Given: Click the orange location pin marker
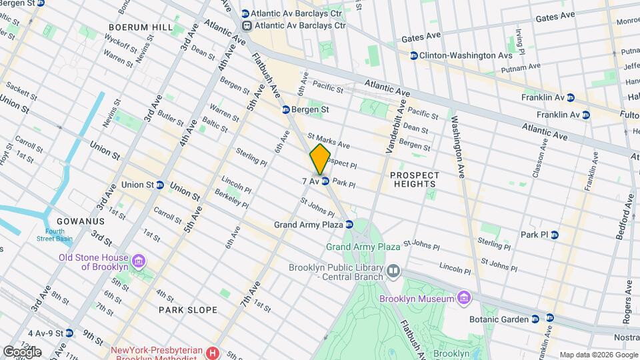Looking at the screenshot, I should click(321, 159).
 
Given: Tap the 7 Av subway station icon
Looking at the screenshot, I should click(325, 181).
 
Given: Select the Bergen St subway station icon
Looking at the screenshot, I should click(285, 109).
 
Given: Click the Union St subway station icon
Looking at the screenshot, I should click(161, 185).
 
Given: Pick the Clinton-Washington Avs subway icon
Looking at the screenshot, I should click(414, 55).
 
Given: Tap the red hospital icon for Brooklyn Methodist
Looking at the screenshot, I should click(213, 352).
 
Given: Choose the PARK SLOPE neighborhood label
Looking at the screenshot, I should click(188, 310).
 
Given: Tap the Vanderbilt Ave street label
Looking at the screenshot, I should click(394, 127).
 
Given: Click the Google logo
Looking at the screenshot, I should click(22, 351).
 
